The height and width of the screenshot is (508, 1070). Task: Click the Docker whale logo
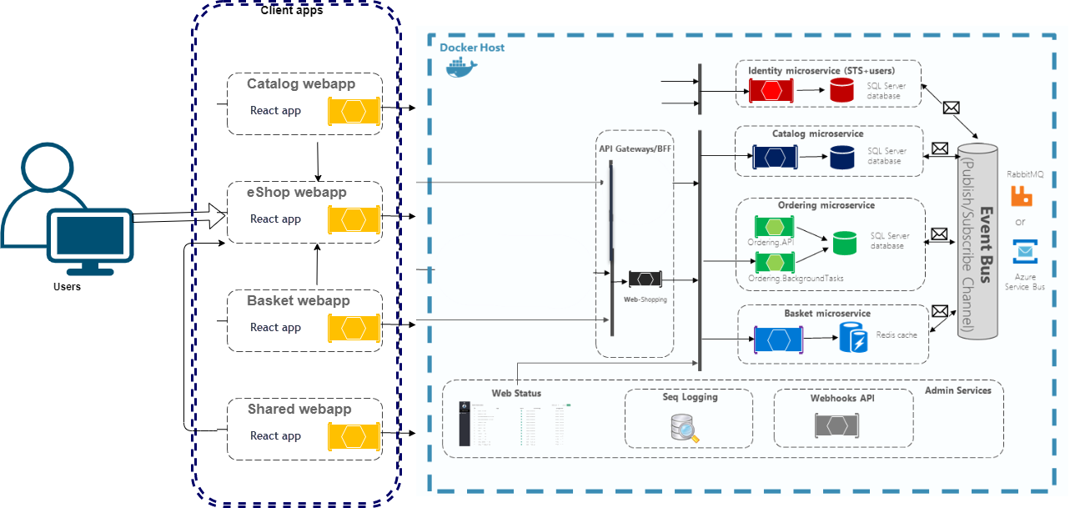pyautogui.click(x=462, y=68)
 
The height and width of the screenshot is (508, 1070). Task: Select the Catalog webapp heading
pyautogui.click(x=301, y=84)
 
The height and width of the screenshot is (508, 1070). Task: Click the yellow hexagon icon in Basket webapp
pyautogui.click(x=354, y=327)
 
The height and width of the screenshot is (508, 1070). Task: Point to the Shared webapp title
pyautogui.click(x=299, y=410)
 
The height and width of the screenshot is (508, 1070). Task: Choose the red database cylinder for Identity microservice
pyautogui.click(x=842, y=90)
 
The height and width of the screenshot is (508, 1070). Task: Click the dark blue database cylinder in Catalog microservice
pyautogui.click(x=842, y=156)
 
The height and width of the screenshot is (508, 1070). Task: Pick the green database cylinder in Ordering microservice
pyautogui.click(x=844, y=244)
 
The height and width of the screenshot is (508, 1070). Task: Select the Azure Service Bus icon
pyautogui.click(x=1023, y=252)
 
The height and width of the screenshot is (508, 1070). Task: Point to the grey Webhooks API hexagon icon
pyautogui.click(x=836, y=425)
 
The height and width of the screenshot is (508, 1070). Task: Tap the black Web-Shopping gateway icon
pyautogui.click(x=645, y=279)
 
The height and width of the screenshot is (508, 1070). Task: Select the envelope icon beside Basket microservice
pyautogui.click(x=940, y=311)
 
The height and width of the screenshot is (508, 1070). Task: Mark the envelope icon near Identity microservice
pyautogui.click(x=952, y=107)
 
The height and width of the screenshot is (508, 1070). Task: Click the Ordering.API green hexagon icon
pyautogui.click(x=775, y=226)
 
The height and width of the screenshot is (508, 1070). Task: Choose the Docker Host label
pyautogui.click(x=472, y=48)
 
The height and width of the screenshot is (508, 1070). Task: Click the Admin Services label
pyautogui.click(x=958, y=390)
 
